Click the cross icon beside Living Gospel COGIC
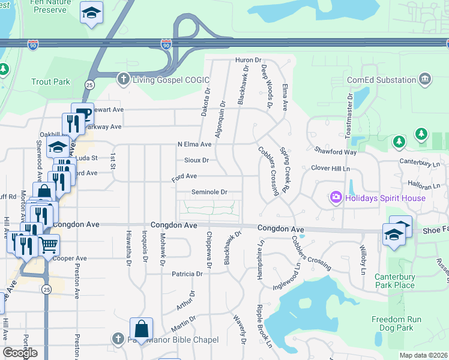pyautogui.click(x=123, y=79)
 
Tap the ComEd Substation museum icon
pyautogui.click(x=426, y=79)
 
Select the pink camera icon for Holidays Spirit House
pyautogui.click(x=335, y=197)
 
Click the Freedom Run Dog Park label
pyautogui.click(x=400, y=323)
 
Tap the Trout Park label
pyautogui.click(x=51, y=82)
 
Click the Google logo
pyautogui.click(x=20, y=353)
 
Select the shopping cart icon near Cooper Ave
pyautogui.click(x=49, y=245)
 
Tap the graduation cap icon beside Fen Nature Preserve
pyautogui.click(x=91, y=13)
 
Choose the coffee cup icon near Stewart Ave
pyautogui.click(x=83, y=114)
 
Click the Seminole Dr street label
pyautogui.click(x=209, y=192)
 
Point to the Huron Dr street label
pyautogui.click(x=249, y=60)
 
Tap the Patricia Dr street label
pyautogui.click(x=187, y=274)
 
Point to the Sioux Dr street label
pyautogui.click(x=196, y=160)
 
